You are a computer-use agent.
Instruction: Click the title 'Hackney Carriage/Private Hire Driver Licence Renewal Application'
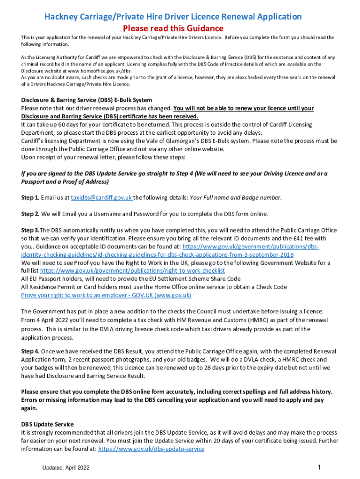point(173,17)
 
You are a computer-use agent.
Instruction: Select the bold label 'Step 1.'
point(30,197)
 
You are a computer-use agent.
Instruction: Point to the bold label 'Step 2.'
point(30,214)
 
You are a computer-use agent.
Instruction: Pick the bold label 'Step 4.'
point(30,351)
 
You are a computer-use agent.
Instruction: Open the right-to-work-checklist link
point(132,271)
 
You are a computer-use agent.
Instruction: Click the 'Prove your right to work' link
point(106,295)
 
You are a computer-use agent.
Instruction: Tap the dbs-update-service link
point(151,449)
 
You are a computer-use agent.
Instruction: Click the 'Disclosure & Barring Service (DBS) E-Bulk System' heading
point(86,100)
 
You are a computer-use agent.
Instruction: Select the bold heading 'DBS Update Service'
point(47,424)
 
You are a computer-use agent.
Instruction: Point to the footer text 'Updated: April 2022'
point(66,468)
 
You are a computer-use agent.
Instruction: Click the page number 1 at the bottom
point(318,467)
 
